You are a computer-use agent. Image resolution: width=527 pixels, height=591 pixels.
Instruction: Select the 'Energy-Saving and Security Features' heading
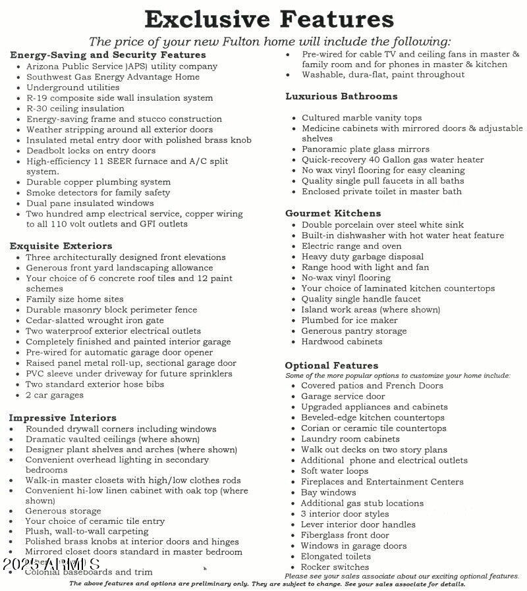(108, 55)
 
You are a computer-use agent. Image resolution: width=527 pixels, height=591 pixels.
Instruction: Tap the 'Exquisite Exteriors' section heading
(61, 245)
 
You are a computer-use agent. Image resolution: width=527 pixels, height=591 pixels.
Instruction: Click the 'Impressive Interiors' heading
(63, 417)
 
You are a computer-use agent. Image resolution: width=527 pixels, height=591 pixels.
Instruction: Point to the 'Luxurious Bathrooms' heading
(341, 96)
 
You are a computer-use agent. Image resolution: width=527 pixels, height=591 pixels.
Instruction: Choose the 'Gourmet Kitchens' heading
(333, 213)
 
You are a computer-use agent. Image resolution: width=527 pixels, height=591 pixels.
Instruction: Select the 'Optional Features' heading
(331, 365)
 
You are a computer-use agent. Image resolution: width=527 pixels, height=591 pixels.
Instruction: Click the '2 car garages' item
(55, 395)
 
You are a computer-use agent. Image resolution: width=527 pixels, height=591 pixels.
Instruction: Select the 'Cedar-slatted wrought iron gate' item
(95, 320)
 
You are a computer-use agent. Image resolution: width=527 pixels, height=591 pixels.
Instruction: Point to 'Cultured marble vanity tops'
(362, 118)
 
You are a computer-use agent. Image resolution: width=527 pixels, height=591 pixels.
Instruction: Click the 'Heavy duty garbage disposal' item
(362, 257)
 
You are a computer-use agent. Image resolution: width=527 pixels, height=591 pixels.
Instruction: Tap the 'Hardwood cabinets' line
(341, 342)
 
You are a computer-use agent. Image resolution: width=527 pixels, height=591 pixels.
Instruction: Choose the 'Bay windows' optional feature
(328, 492)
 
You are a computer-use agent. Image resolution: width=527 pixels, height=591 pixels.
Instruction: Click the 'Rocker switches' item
(335, 567)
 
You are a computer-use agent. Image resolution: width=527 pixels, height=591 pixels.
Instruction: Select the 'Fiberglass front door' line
(345, 535)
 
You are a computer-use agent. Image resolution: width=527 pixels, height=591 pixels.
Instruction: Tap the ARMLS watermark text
(51, 564)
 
